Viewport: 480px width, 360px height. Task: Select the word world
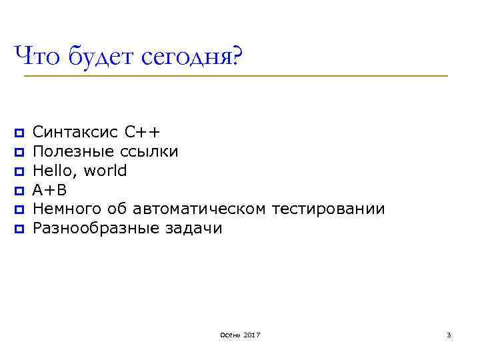(x=105, y=171)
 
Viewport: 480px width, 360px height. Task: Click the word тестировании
(x=329, y=209)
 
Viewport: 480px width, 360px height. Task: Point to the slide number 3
(x=449, y=334)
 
